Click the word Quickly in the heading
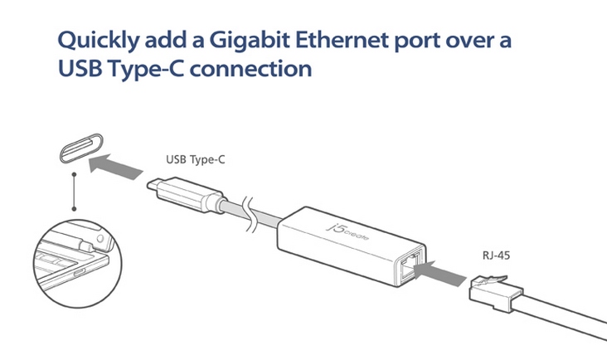99,41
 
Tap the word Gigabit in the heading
250,41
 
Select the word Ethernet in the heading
342,40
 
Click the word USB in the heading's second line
80,69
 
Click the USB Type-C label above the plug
195,159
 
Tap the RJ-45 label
496,255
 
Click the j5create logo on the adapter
347,231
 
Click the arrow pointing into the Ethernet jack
439,273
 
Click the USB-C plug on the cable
186,195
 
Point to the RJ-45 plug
496,293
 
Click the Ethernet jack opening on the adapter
410,266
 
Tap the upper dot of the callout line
74,174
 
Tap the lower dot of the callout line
74,209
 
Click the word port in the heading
416,41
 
